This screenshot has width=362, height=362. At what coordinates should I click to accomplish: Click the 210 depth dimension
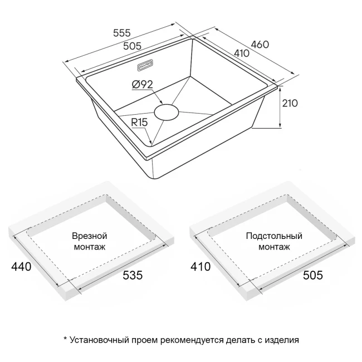click(291, 103)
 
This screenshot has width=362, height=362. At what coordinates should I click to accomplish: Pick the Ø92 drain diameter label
click(143, 85)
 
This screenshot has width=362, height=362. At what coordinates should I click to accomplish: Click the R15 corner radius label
click(141, 122)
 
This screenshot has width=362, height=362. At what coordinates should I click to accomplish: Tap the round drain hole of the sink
click(166, 111)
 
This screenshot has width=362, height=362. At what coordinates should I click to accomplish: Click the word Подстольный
click(273, 236)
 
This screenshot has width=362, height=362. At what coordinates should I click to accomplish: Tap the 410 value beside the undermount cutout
click(200, 267)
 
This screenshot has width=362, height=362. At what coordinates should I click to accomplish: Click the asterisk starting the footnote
click(65, 339)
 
